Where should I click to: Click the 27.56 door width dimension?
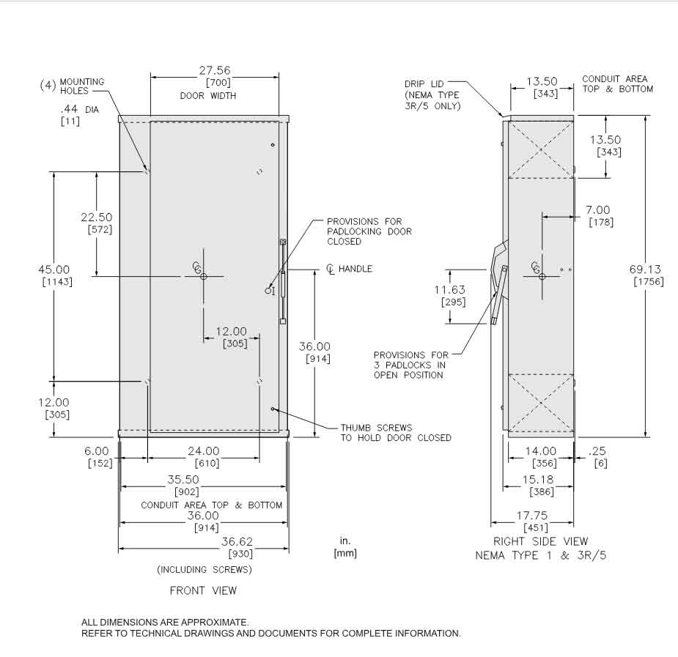click(214, 71)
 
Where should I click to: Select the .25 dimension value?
click(597, 451)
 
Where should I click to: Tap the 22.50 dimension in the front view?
click(96, 218)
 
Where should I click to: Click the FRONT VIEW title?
click(203, 590)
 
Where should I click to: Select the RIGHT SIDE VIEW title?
click(541, 542)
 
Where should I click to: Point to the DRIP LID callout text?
click(424, 83)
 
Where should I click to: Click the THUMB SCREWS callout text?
click(376, 428)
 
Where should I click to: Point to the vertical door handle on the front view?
click(282, 281)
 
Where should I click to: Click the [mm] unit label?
click(345, 553)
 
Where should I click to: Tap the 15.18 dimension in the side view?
click(538, 480)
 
